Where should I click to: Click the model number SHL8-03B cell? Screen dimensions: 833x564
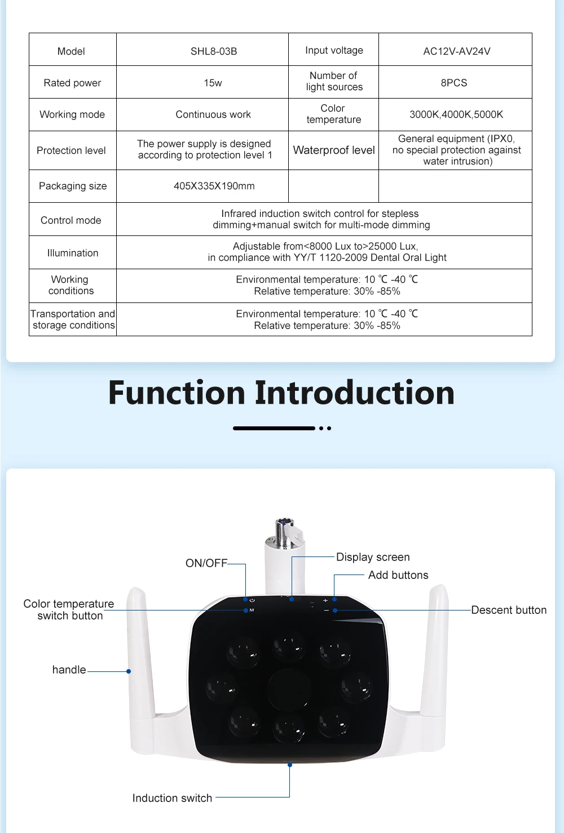coord(213,51)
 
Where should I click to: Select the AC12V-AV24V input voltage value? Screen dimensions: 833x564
coord(456,51)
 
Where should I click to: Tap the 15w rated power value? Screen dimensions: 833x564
coord(213,83)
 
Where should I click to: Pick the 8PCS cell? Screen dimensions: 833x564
coord(453,83)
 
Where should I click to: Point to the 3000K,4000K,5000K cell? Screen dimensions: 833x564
coord(456,114)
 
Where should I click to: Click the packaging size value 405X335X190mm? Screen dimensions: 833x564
coord(214,186)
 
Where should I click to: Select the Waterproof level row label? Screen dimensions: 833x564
coord(333,150)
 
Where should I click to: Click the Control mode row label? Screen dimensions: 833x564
coord(71,220)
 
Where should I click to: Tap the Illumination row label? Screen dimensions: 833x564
coord(72,253)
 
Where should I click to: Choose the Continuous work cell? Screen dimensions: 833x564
coord(213,114)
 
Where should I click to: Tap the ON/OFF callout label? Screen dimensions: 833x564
coord(206,563)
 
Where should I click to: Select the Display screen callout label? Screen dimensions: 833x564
coord(373,557)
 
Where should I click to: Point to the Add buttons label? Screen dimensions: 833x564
coord(398,575)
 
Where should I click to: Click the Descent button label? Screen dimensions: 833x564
coord(508,610)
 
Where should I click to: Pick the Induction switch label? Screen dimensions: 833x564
coord(172,798)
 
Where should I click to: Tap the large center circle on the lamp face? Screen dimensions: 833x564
coord(289,688)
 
